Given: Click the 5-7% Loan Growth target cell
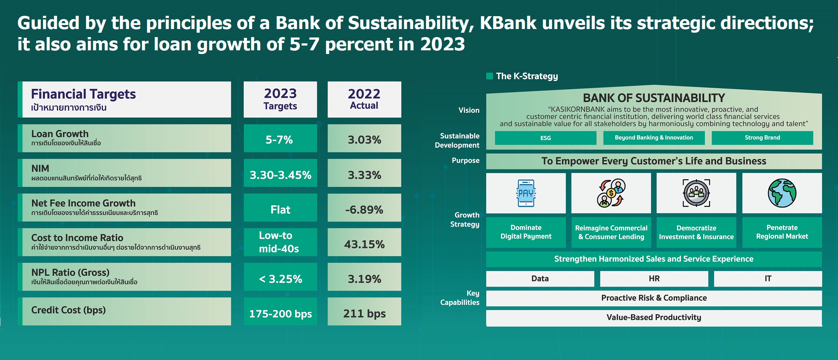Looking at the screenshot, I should [280, 139].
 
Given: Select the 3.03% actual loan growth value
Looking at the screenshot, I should [364, 139].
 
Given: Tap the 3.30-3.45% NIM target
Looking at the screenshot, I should [280, 174].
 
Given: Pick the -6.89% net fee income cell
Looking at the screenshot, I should [364, 209].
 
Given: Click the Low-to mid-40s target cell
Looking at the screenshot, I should [280, 242].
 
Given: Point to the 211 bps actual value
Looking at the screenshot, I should [364, 313].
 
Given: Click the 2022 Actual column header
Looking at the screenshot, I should [364, 99].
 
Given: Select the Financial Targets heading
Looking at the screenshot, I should [83, 94].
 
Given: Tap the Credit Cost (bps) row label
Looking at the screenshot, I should [69, 310].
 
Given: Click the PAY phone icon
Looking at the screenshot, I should [526, 193].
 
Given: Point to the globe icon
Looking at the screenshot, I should [782, 193].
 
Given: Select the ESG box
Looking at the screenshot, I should [545, 138].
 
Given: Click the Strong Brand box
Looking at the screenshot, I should [762, 138].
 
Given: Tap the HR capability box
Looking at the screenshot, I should [654, 279].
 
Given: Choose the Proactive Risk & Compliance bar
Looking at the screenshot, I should [654, 298].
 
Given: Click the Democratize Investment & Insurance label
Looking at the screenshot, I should [696, 233].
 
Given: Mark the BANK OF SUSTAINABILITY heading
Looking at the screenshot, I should [654, 98].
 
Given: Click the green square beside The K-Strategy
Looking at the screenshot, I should [490, 76].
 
